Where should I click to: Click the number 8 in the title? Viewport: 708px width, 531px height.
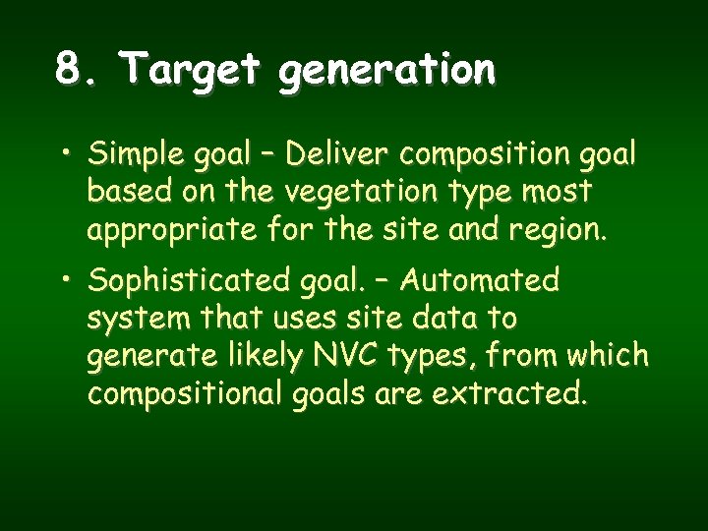68,70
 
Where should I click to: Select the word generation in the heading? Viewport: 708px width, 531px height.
387,72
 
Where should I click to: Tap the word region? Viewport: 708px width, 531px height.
565,232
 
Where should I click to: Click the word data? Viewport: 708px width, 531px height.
428,319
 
